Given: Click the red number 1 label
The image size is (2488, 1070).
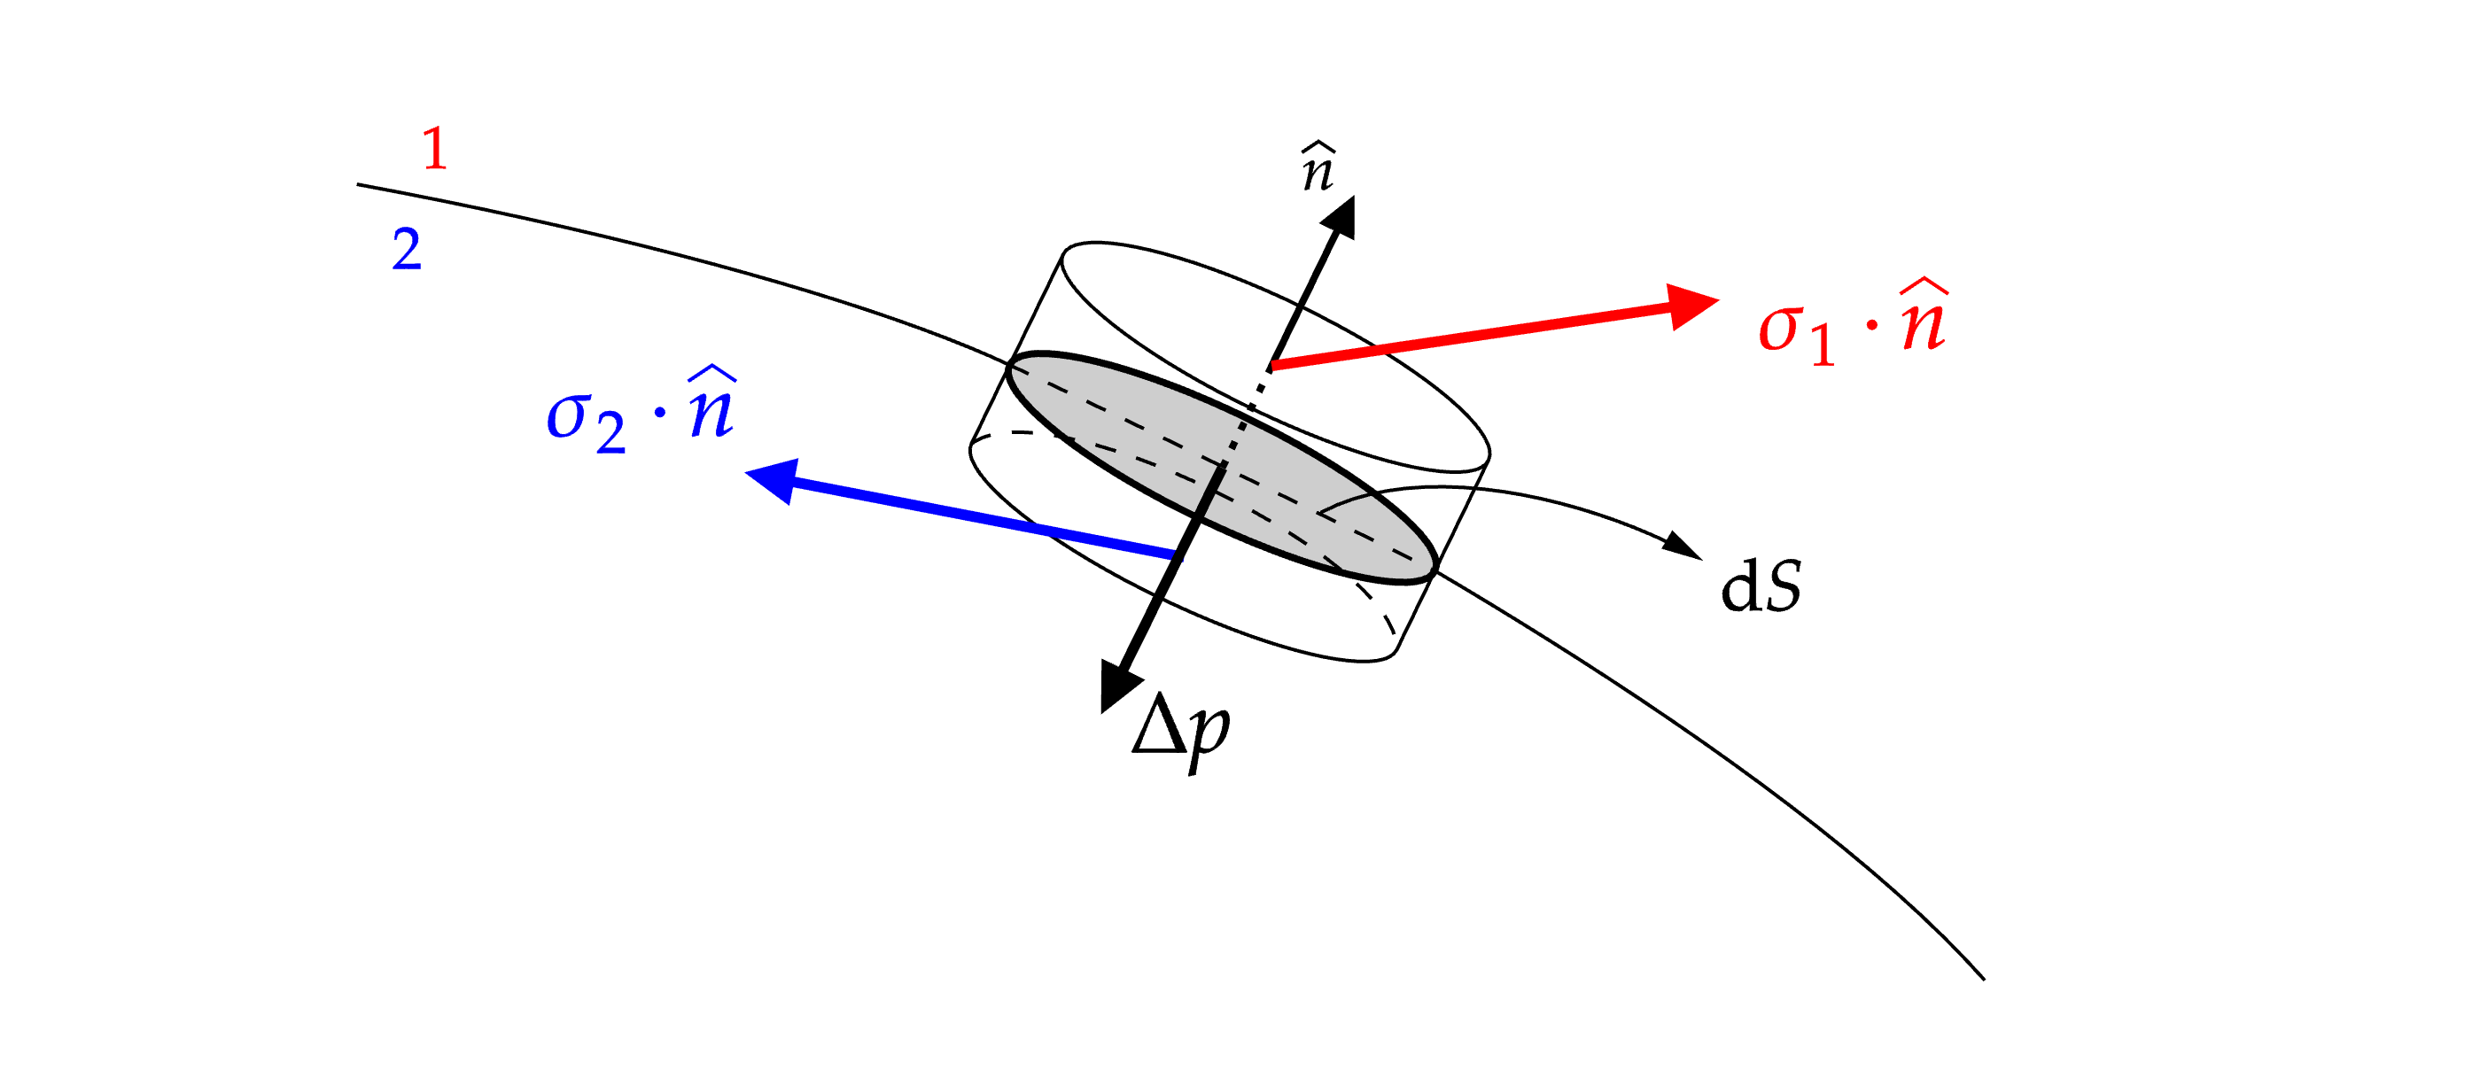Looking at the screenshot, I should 436,150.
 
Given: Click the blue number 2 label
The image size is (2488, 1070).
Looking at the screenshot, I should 407,249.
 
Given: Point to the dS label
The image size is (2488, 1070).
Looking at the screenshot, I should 1761,586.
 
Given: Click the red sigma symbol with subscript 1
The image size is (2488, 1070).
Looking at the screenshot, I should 1781,329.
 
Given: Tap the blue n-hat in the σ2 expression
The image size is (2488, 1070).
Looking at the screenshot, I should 712,406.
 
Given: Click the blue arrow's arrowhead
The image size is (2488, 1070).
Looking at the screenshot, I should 774,478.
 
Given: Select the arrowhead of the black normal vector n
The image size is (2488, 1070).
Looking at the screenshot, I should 1341,217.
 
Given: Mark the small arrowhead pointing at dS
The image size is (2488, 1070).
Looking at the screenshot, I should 1683,546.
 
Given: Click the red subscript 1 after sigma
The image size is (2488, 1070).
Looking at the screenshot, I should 1823,345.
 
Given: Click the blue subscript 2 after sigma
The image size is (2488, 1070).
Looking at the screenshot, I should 610,434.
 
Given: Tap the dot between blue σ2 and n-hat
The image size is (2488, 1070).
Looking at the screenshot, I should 661,415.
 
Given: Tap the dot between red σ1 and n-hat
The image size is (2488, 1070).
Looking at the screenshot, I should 1872,325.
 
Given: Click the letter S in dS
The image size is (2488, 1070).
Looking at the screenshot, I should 1780,586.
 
